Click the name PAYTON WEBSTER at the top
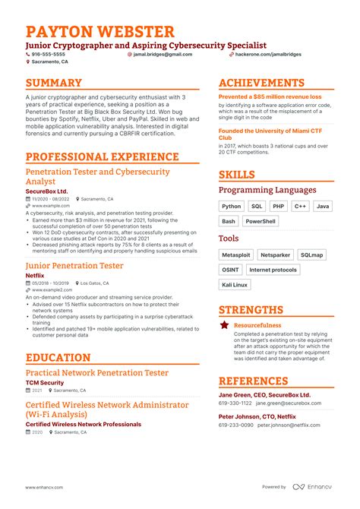[99, 32]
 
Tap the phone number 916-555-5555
[49, 55]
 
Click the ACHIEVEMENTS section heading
[261, 83]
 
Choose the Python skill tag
[231, 206]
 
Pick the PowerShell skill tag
[261, 221]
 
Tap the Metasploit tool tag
[235, 255]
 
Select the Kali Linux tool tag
[234, 284]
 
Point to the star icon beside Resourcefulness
[225, 324]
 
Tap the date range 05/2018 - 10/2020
[51, 283]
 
